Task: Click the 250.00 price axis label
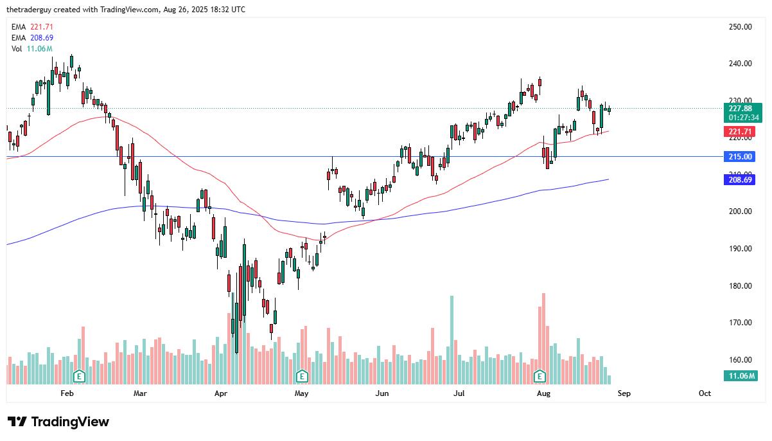[x=740, y=26]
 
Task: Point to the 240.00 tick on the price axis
[x=740, y=64]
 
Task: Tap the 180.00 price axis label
[x=740, y=286]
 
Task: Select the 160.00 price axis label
[x=740, y=360]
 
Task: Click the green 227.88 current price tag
[x=741, y=109]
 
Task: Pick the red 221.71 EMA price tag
[x=741, y=132]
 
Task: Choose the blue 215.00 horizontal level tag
[x=741, y=157]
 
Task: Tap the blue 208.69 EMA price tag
[x=741, y=180]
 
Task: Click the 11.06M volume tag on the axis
[x=741, y=376]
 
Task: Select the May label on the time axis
[x=301, y=393]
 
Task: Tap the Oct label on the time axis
[x=705, y=393]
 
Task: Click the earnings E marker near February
[x=79, y=375]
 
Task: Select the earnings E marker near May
[x=301, y=375]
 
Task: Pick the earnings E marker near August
[x=540, y=375]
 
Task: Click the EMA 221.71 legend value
[x=41, y=26]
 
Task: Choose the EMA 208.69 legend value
[x=41, y=38]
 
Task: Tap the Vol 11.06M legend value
[x=39, y=49]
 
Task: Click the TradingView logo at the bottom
[x=58, y=422]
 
